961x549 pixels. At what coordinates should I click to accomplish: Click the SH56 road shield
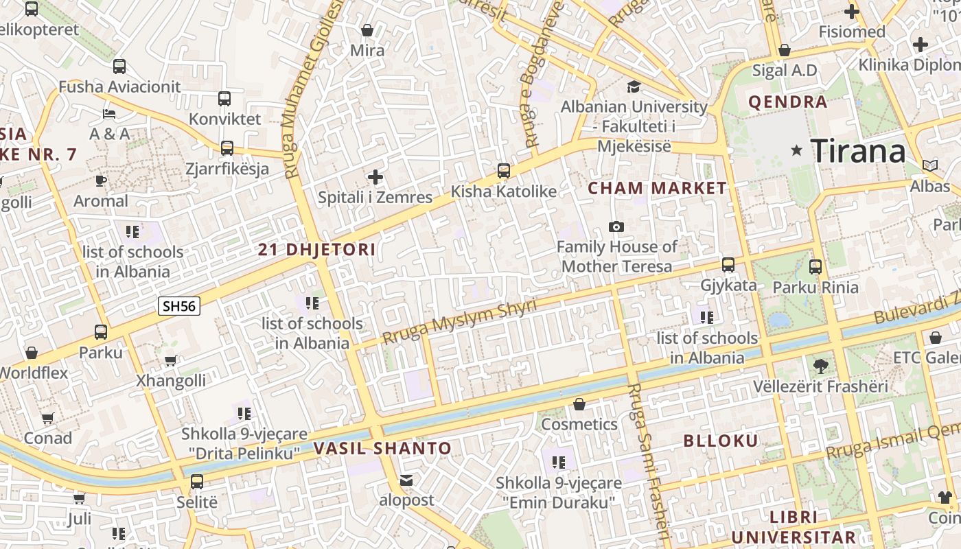(x=179, y=306)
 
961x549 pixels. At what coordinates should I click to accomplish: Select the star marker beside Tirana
(x=797, y=150)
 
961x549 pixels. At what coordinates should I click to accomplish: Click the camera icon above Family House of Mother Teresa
(x=616, y=226)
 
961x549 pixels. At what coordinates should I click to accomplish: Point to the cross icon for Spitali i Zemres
(x=375, y=177)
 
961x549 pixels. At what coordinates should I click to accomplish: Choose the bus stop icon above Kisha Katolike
(x=504, y=171)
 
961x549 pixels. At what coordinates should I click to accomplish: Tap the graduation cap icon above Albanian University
(x=633, y=86)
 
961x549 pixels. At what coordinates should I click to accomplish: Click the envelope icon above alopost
(x=406, y=480)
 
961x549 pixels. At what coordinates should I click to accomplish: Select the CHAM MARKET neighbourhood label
(x=657, y=188)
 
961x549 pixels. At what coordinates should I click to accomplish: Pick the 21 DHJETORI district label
(x=317, y=250)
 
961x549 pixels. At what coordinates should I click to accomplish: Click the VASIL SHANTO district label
(x=383, y=449)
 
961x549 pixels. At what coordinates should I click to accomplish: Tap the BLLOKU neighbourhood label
(x=721, y=441)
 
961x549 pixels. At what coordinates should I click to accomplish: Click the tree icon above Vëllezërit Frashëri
(x=820, y=366)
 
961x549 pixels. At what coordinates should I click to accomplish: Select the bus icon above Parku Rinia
(x=815, y=267)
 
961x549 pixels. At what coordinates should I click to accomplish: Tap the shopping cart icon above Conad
(x=47, y=418)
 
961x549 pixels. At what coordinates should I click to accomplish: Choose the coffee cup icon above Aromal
(x=101, y=181)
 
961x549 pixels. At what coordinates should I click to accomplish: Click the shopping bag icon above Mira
(x=367, y=30)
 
